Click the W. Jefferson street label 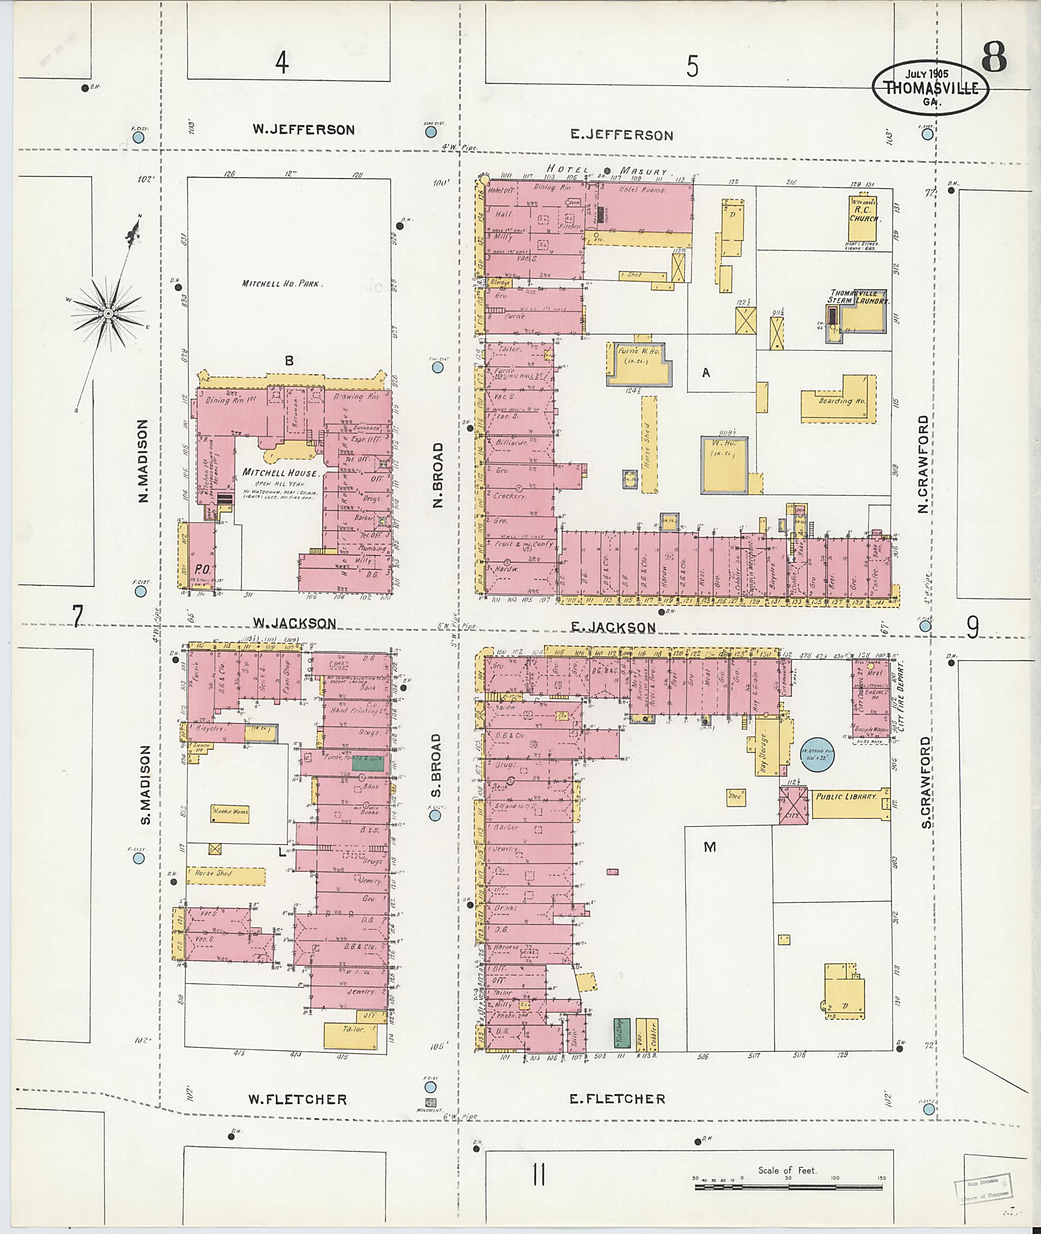click(x=304, y=129)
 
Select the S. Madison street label click(x=146, y=785)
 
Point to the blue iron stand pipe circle click(x=817, y=755)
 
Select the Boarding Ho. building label click(x=842, y=401)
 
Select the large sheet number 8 click(x=994, y=58)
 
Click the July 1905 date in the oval click(x=926, y=75)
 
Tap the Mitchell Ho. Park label click(x=280, y=283)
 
